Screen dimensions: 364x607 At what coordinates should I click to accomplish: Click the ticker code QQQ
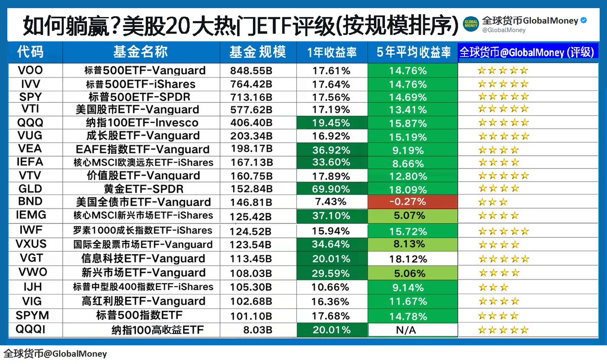[x=30, y=123]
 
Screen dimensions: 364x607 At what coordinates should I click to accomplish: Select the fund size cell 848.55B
[x=251, y=70]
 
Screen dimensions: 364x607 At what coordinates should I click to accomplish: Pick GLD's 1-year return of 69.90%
[x=331, y=189]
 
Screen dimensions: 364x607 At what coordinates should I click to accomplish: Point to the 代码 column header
[x=30, y=52]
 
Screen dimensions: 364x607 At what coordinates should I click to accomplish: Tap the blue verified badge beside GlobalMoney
[x=583, y=21]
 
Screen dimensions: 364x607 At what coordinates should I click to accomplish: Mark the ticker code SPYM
[x=32, y=315]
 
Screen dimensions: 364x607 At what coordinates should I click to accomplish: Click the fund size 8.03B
[x=251, y=330]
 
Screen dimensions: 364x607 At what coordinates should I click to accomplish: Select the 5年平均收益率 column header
[x=413, y=53]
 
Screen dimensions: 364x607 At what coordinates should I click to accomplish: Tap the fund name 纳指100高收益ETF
[x=158, y=330]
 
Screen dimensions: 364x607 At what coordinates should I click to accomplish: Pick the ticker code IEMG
[x=31, y=215]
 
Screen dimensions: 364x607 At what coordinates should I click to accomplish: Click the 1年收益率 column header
[x=331, y=53]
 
